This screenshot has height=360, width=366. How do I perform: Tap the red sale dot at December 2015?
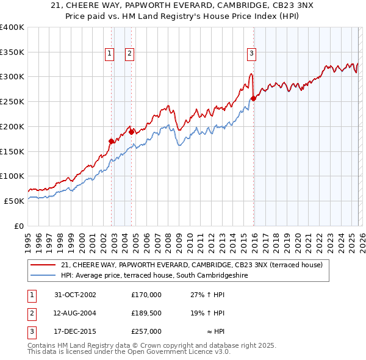(254, 98)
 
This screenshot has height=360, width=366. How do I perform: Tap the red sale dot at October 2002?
(111, 141)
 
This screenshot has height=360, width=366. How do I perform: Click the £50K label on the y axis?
(14, 200)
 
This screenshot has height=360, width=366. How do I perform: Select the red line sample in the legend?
(43, 265)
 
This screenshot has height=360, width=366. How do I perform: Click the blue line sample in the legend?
(43, 275)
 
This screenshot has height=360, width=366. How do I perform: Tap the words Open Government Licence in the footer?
(175, 352)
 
